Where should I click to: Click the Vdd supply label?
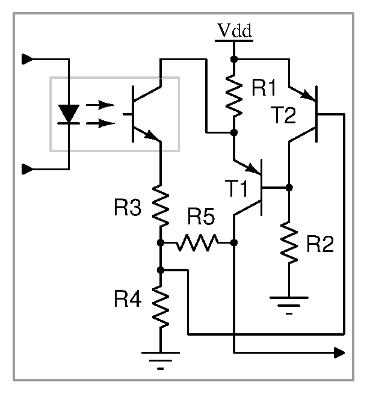235,31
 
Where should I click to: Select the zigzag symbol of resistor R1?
234,96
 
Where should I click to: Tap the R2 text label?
320,244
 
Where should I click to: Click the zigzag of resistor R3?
161,205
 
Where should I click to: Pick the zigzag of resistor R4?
161,307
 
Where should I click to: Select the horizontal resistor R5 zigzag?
197,243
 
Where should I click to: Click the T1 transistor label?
236,188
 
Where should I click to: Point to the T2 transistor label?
283,115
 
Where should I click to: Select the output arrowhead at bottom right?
339,352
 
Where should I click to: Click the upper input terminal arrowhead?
28,60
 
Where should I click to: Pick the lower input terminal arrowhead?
28,170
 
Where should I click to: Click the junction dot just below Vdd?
234,60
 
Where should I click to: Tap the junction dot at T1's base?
289,188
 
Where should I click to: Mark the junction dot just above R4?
161,270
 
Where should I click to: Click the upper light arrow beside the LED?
100,105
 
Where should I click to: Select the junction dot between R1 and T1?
234,132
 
